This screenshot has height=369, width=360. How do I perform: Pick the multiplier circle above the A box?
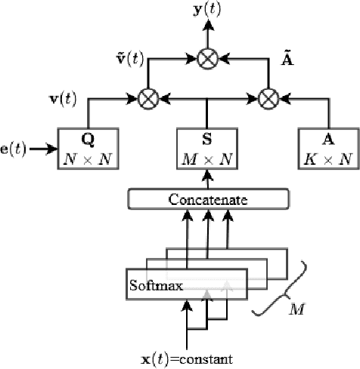click(268, 98)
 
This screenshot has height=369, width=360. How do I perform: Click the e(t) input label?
click(14, 148)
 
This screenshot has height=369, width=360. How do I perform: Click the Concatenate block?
click(208, 200)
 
